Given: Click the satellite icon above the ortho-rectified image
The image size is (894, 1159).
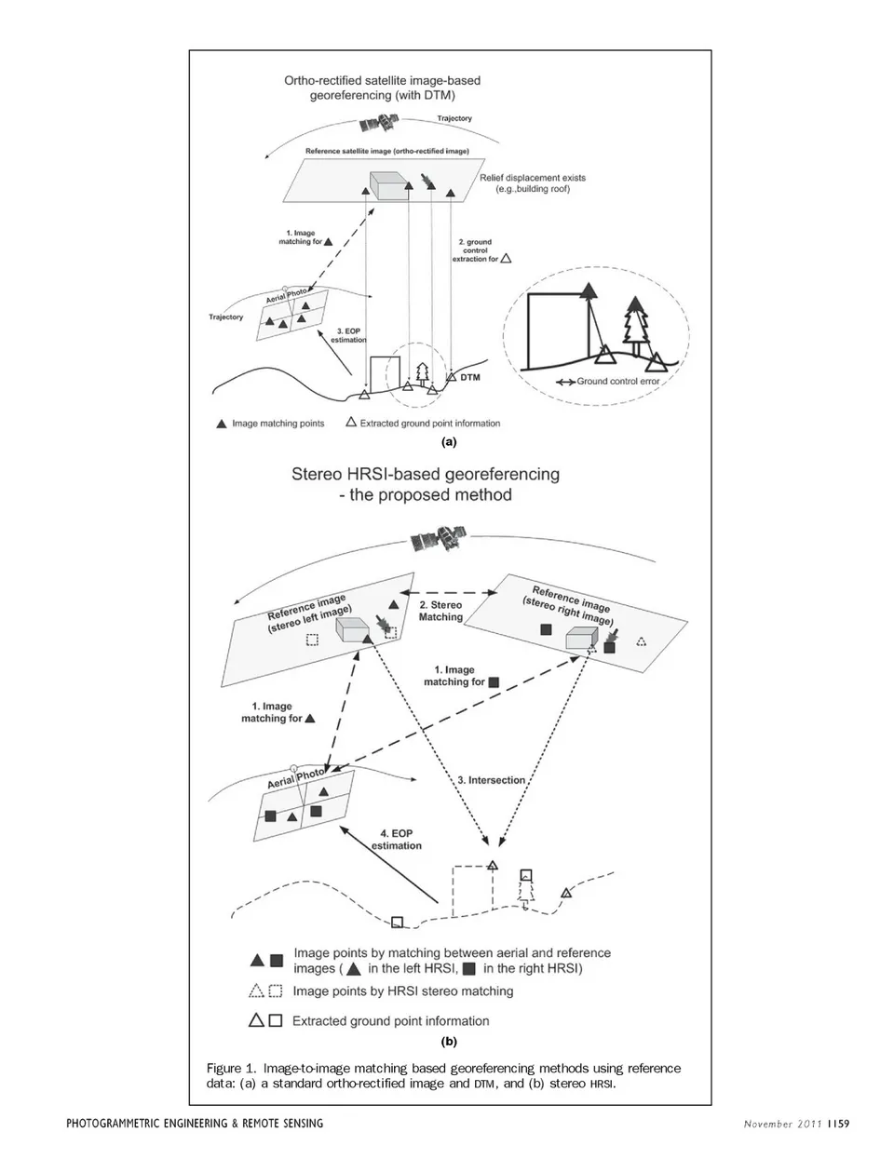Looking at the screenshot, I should click(x=378, y=124).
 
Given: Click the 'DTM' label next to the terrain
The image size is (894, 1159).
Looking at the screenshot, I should click(x=470, y=378).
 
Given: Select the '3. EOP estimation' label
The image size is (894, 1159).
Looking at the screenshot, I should click(x=350, y=335).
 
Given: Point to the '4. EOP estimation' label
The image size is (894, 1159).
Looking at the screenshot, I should click(x=397, y=839).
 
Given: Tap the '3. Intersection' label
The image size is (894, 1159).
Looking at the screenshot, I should click(x=492, y=780).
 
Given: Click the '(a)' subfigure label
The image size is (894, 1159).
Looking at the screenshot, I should click(x=449, y=441).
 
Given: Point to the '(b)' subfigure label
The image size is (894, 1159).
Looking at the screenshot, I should click(x=449, y=1042).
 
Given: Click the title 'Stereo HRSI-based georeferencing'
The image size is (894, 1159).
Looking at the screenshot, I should click(x=426, y=474).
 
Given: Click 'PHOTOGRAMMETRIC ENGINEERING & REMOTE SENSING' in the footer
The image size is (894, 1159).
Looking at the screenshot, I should click(x=195, y=1124).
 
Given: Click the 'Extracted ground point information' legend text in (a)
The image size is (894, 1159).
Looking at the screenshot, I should click(x=429, y=424).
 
